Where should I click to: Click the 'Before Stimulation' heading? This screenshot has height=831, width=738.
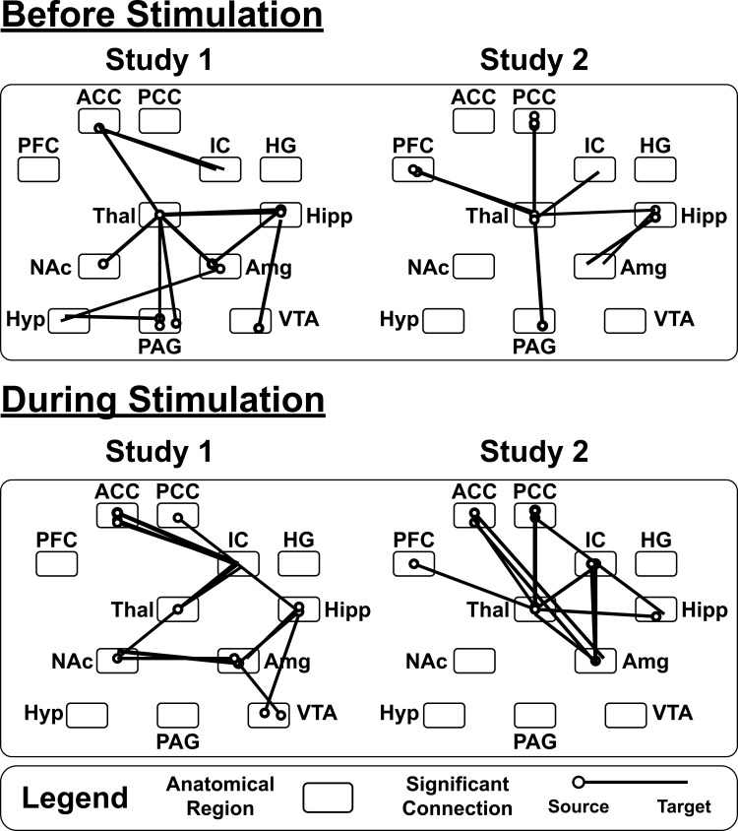tap(162, 17)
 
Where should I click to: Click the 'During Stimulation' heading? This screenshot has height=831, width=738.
tap(162, 400)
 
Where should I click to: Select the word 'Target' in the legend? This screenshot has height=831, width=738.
tap(682, 807)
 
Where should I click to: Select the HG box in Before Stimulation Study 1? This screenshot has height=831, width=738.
tap(280, 168)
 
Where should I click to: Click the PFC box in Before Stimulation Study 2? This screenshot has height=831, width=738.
tap(413, 168)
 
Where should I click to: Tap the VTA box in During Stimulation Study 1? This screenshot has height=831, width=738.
tap(269, 713)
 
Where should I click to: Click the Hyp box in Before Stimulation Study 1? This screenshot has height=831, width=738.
tap(68, 319)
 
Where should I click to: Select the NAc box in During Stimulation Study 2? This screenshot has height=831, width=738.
tap(474, 661)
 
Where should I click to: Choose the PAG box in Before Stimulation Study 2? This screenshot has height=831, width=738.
tap(534, 319)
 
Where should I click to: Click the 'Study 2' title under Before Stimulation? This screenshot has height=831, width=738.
tap(533, 61)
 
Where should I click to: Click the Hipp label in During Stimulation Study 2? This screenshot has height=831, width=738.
tap(705, 611)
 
